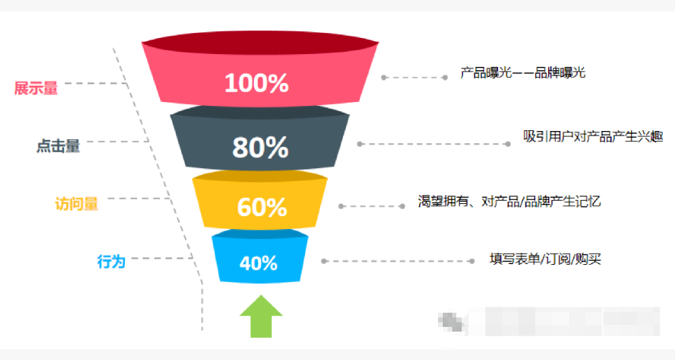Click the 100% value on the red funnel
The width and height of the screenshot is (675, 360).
click(256, 83)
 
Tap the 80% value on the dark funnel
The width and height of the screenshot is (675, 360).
click(260, 147)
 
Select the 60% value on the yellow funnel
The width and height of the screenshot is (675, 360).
click(262, 207)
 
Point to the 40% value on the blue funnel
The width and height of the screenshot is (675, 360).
click(259, 262)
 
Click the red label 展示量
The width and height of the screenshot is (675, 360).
click(36, 88)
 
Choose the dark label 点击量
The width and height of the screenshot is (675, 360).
click(58, 146)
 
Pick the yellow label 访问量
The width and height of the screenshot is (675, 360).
click(76, 203)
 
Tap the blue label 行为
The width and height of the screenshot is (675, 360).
click(111, 261)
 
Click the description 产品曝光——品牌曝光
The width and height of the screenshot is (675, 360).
click(522, 72)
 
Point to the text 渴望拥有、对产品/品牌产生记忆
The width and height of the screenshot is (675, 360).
click(509, 201)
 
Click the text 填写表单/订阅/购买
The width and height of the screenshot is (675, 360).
click(545, 259)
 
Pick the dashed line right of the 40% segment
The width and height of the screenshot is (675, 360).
click(398, 261)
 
